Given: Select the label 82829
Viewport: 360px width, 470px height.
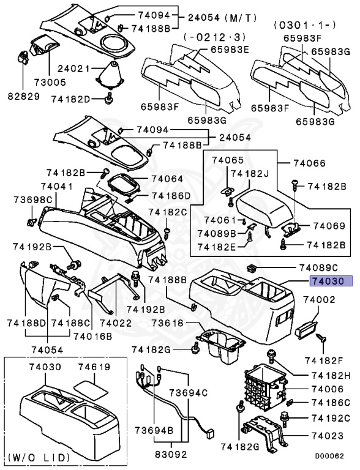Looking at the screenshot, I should [x=23, y=97].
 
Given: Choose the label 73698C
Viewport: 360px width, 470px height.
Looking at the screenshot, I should [x=31, y=200].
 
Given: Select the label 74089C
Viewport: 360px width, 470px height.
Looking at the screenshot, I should [x=318, y=267].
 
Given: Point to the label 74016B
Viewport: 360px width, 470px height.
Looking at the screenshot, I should [x=92, y=336].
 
